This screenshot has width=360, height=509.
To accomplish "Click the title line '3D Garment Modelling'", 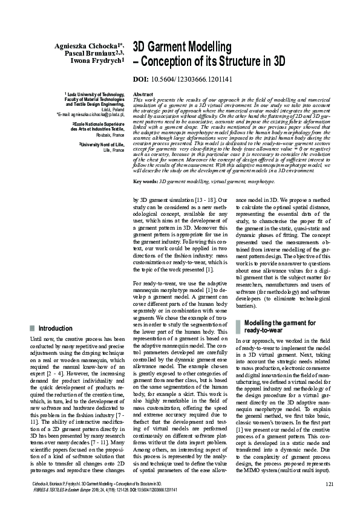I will pyautogui.click(x=182, y=47).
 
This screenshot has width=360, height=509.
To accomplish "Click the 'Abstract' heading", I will pyautogui.click(x=142, y=95).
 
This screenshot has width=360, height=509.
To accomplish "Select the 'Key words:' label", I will pyautogui.click(x=145, y=181).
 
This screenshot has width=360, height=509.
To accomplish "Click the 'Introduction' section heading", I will pyautogui.click(x=55, y=328).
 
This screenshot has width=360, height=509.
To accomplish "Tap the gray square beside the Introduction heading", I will pyautogui.click(x=32, y=328).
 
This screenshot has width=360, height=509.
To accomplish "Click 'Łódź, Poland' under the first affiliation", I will pyautogui.click(x=110, y=109).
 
